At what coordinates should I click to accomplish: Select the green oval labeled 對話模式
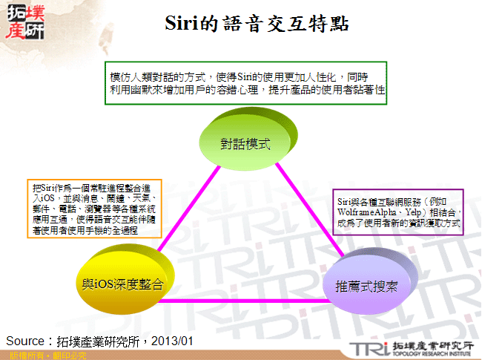(245, 143)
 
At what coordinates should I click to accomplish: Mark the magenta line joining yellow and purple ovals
(245, 301)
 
